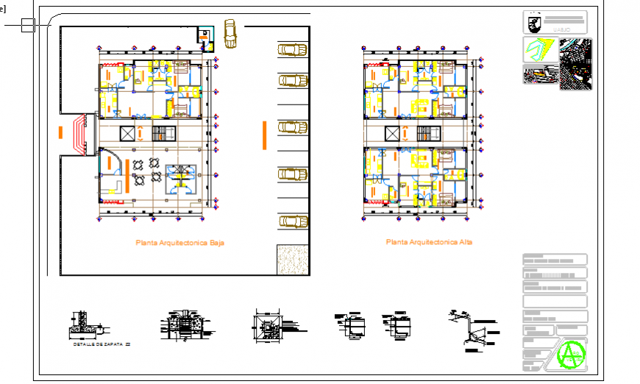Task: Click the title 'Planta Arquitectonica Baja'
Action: tap(179, 242)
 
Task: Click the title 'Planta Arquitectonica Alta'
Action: tap(430, 241)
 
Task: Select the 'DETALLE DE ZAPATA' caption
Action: tap(97, 344)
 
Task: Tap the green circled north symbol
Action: tap(570, 355)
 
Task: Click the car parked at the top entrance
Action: tap(230, 33)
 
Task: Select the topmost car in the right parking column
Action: tap(292, 49)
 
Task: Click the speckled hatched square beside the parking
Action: tap(292, 260)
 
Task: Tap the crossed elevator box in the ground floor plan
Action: tap(127, 134)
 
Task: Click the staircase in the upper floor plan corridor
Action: tap(427, 134)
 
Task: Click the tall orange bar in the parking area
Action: tap(264, 135)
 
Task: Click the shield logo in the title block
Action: tap(534, 23)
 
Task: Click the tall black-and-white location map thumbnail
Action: tap(575, 64)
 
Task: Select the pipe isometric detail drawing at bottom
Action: tap(472, 330)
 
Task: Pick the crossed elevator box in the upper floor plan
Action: tap(394, 134)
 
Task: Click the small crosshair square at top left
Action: tap(28, 26)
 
